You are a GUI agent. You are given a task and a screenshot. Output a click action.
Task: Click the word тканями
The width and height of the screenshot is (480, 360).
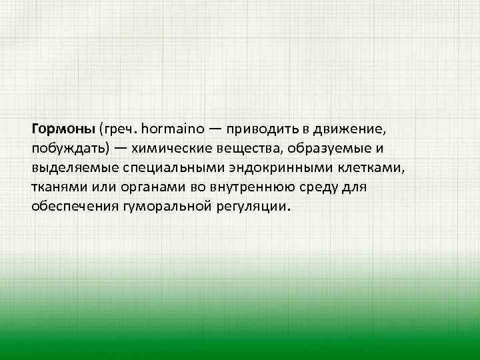click(58, 187)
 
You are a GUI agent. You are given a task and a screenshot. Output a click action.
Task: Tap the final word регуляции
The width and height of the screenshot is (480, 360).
click(250, 207)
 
